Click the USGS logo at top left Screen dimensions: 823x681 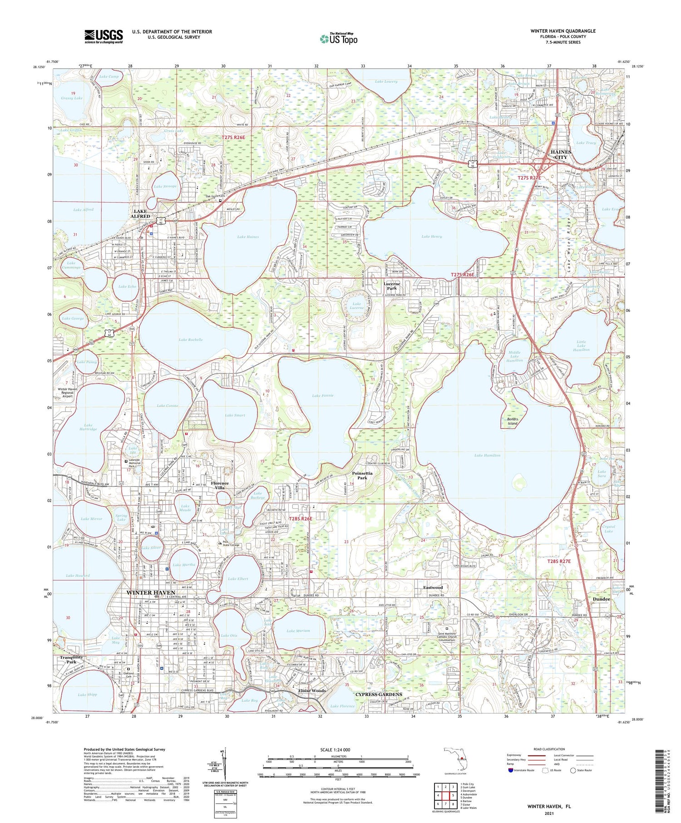103,36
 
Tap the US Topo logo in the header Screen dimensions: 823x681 338,39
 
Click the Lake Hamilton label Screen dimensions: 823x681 487,455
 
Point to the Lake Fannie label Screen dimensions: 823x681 323,395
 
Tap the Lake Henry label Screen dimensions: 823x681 431,237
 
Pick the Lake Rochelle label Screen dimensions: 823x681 190,340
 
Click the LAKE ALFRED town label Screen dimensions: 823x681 140,214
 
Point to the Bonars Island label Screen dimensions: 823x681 512,421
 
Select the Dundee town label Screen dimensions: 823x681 601,599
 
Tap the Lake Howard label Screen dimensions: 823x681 78,576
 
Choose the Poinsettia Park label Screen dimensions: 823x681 362,475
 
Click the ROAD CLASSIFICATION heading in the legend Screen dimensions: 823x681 549,749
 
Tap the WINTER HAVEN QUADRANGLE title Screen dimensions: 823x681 563,31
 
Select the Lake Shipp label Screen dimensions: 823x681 87,695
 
